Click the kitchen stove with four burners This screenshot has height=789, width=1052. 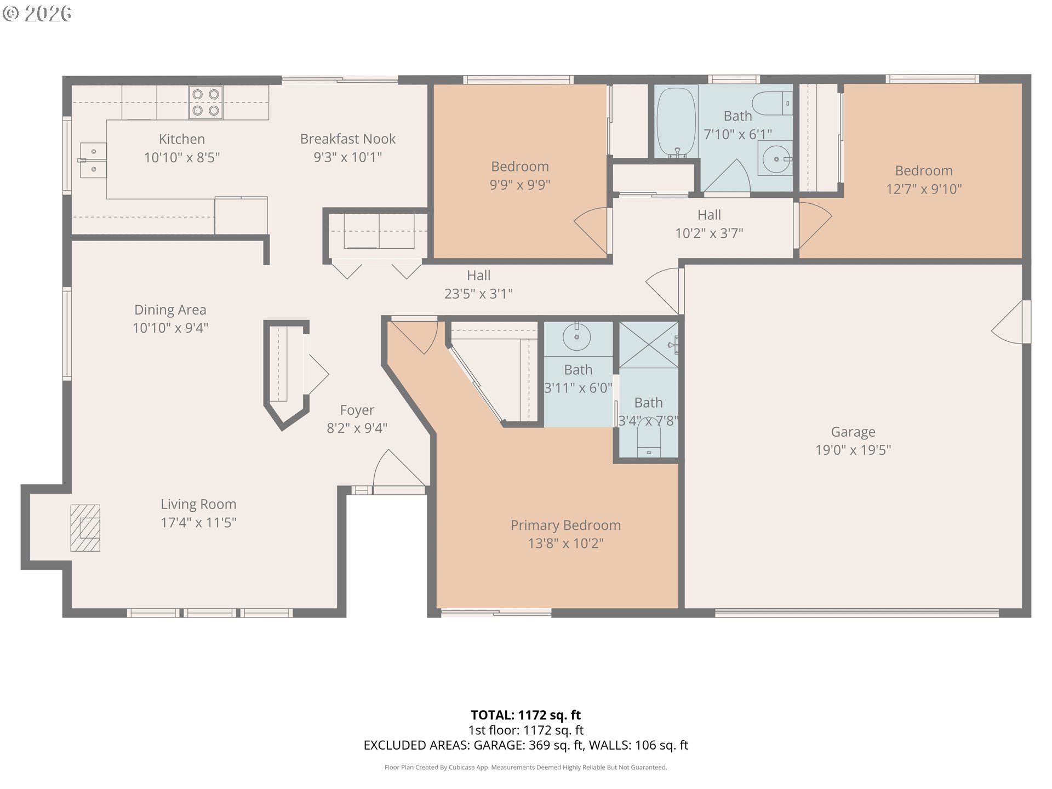pos(205,102)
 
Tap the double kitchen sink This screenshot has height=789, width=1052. pos(93,161)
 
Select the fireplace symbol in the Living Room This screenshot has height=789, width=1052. pos(85,528)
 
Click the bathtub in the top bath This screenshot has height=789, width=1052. pos(676,122)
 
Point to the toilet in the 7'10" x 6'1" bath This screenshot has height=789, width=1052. pos(772,103)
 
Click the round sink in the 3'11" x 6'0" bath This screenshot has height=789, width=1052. pos(576,336)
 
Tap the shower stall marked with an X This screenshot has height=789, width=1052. pos(649,345)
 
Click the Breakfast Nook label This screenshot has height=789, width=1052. pos(348,139)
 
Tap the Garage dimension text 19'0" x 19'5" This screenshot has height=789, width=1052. pos(853,450)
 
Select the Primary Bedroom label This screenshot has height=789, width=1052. pos(565,525)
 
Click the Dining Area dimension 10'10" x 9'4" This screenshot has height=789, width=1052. pos(170,328)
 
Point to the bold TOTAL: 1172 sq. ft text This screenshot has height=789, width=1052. pos(526,715)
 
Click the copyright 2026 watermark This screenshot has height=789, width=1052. pos(37,14)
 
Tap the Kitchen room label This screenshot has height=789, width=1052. pos(182,139)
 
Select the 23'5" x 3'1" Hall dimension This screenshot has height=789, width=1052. pos(478,294)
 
